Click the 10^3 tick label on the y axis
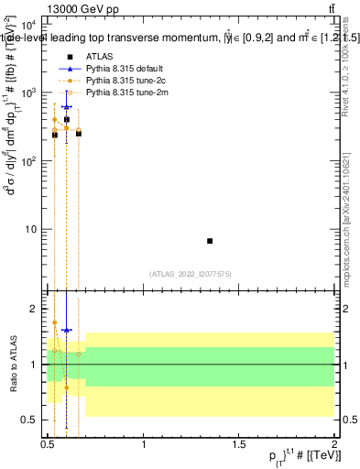(x=28, y=93)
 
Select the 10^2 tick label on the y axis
(x=28, y=161)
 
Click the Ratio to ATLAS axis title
(x=13, y=365)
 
